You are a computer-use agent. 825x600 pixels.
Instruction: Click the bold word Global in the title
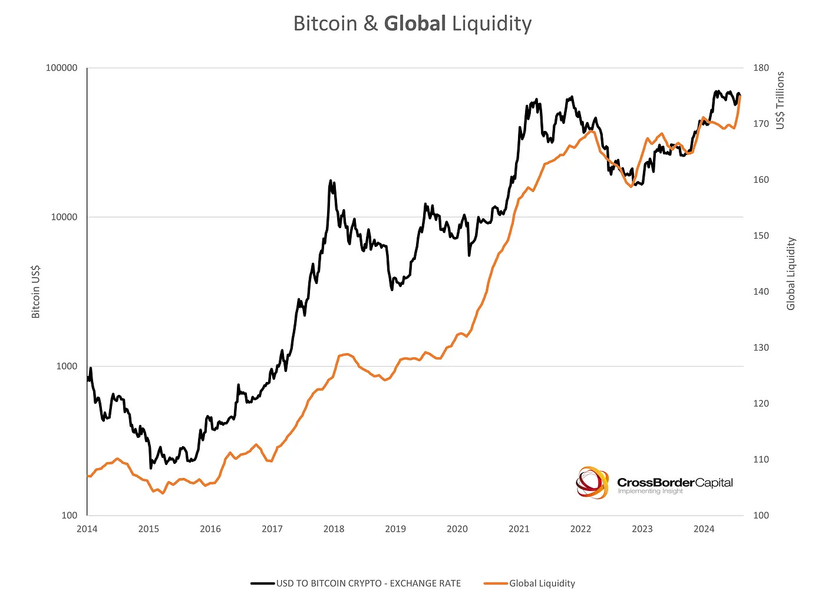point(415,24)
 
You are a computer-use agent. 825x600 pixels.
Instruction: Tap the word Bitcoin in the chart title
point(326,24)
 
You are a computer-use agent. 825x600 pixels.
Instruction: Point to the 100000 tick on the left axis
point(61,68)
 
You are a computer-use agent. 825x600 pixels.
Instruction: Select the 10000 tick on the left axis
point(64,217)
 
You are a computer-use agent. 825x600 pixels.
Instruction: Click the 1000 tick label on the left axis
point(66,366)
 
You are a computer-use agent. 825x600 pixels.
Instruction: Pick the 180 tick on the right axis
point(761,68)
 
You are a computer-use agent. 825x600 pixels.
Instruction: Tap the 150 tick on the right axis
point(761,236)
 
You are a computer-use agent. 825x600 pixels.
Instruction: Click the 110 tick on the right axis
point(761,459)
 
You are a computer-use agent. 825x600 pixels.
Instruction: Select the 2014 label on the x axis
point(87,529)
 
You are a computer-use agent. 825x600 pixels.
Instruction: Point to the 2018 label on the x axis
point(334,529)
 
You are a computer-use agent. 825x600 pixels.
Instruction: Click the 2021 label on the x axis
point(519,529)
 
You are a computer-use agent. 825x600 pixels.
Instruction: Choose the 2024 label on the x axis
point(704,529)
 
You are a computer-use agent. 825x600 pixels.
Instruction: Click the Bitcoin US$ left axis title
point(36,292)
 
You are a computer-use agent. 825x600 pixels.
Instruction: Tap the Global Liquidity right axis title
point(791,273)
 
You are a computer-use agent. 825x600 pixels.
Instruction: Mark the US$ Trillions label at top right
point(780,100)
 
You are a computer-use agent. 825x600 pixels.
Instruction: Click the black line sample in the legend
point(262,583)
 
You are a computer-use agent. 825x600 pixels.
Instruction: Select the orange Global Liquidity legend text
point(542,583)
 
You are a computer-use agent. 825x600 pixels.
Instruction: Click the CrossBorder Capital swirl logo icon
point(592,483)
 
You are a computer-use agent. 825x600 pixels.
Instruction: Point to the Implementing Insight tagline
point(650,491)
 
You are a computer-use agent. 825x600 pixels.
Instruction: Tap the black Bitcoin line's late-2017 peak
point(331,180)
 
